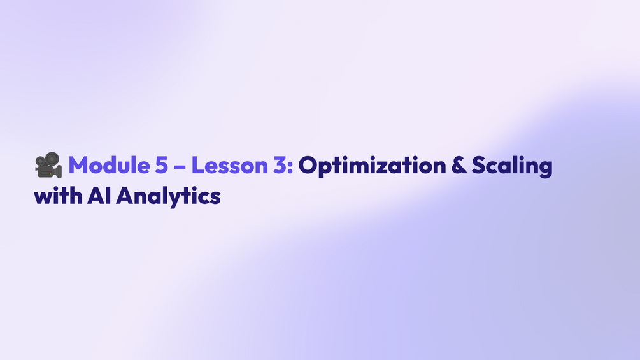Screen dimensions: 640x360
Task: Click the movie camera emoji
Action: (x=48, y=165)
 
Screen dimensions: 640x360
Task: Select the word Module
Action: (x=109, y=165)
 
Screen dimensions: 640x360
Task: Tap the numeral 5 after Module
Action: (x=162, y=166)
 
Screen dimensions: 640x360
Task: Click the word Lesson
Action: (x=229, y=165)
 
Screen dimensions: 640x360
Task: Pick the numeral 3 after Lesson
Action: (x=280, y=166)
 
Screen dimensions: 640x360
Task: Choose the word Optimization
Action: (x=373, y=166)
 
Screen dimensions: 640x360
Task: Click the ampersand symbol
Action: (x=459, y=166)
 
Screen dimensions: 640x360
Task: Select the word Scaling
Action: (x=512, y=166)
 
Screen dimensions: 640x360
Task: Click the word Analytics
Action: (x=168, y=196)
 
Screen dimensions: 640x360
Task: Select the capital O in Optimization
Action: (x=309, y=166)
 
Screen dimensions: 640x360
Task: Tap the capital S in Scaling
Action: (x=479, y=166)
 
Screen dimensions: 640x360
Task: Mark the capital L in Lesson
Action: (x=197, y=166)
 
